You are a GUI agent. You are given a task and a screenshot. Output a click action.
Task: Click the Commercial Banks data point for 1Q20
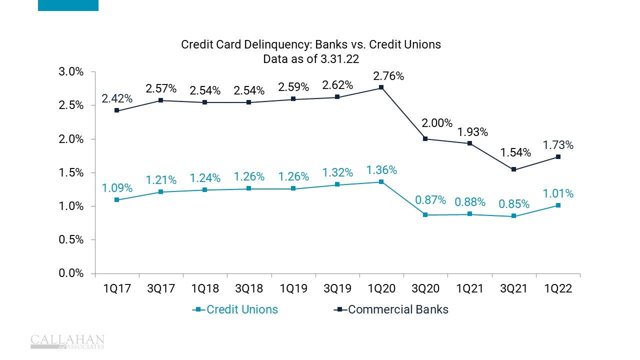click(x=381, y=87)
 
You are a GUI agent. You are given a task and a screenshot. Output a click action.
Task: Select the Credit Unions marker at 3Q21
click(x=513, y=216)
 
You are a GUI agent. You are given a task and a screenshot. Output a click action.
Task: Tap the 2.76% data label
click(x=388, y=76)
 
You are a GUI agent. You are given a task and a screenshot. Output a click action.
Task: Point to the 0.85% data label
click(x=513, y=204)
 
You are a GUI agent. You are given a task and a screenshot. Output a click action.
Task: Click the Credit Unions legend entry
click(x=235, y=309)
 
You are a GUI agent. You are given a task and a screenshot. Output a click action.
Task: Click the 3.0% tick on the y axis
click(x=73, y=71)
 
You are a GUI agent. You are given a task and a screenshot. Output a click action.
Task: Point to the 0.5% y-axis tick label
click(x=73, y=239)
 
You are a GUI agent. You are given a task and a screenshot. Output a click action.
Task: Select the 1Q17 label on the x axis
click(x=117, y=289)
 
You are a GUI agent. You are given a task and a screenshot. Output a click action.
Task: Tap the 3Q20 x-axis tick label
click(x=425, y=289)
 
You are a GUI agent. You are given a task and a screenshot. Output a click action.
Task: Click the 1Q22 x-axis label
click(x=557, y=289)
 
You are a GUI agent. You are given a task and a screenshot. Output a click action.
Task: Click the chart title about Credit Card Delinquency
click(x=311, y=44)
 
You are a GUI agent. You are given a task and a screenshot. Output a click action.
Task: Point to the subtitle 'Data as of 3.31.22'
click(x=311, y=58)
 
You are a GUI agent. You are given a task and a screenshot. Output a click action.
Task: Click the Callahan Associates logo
click(x=67, y=341)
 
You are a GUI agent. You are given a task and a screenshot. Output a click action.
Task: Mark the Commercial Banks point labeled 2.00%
click(x=425, y=138)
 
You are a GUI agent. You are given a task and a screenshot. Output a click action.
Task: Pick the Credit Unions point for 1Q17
click(x=116, y=199)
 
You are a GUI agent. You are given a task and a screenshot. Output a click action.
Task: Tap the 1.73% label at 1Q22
click(x=558, y=145)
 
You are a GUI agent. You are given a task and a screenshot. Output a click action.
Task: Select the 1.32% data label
click(x=337, y=173)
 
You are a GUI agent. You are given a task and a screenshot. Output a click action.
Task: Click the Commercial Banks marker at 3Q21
click(x=513, y=169)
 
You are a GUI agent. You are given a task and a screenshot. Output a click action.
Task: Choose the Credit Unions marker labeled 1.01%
click(x=557, y=205)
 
